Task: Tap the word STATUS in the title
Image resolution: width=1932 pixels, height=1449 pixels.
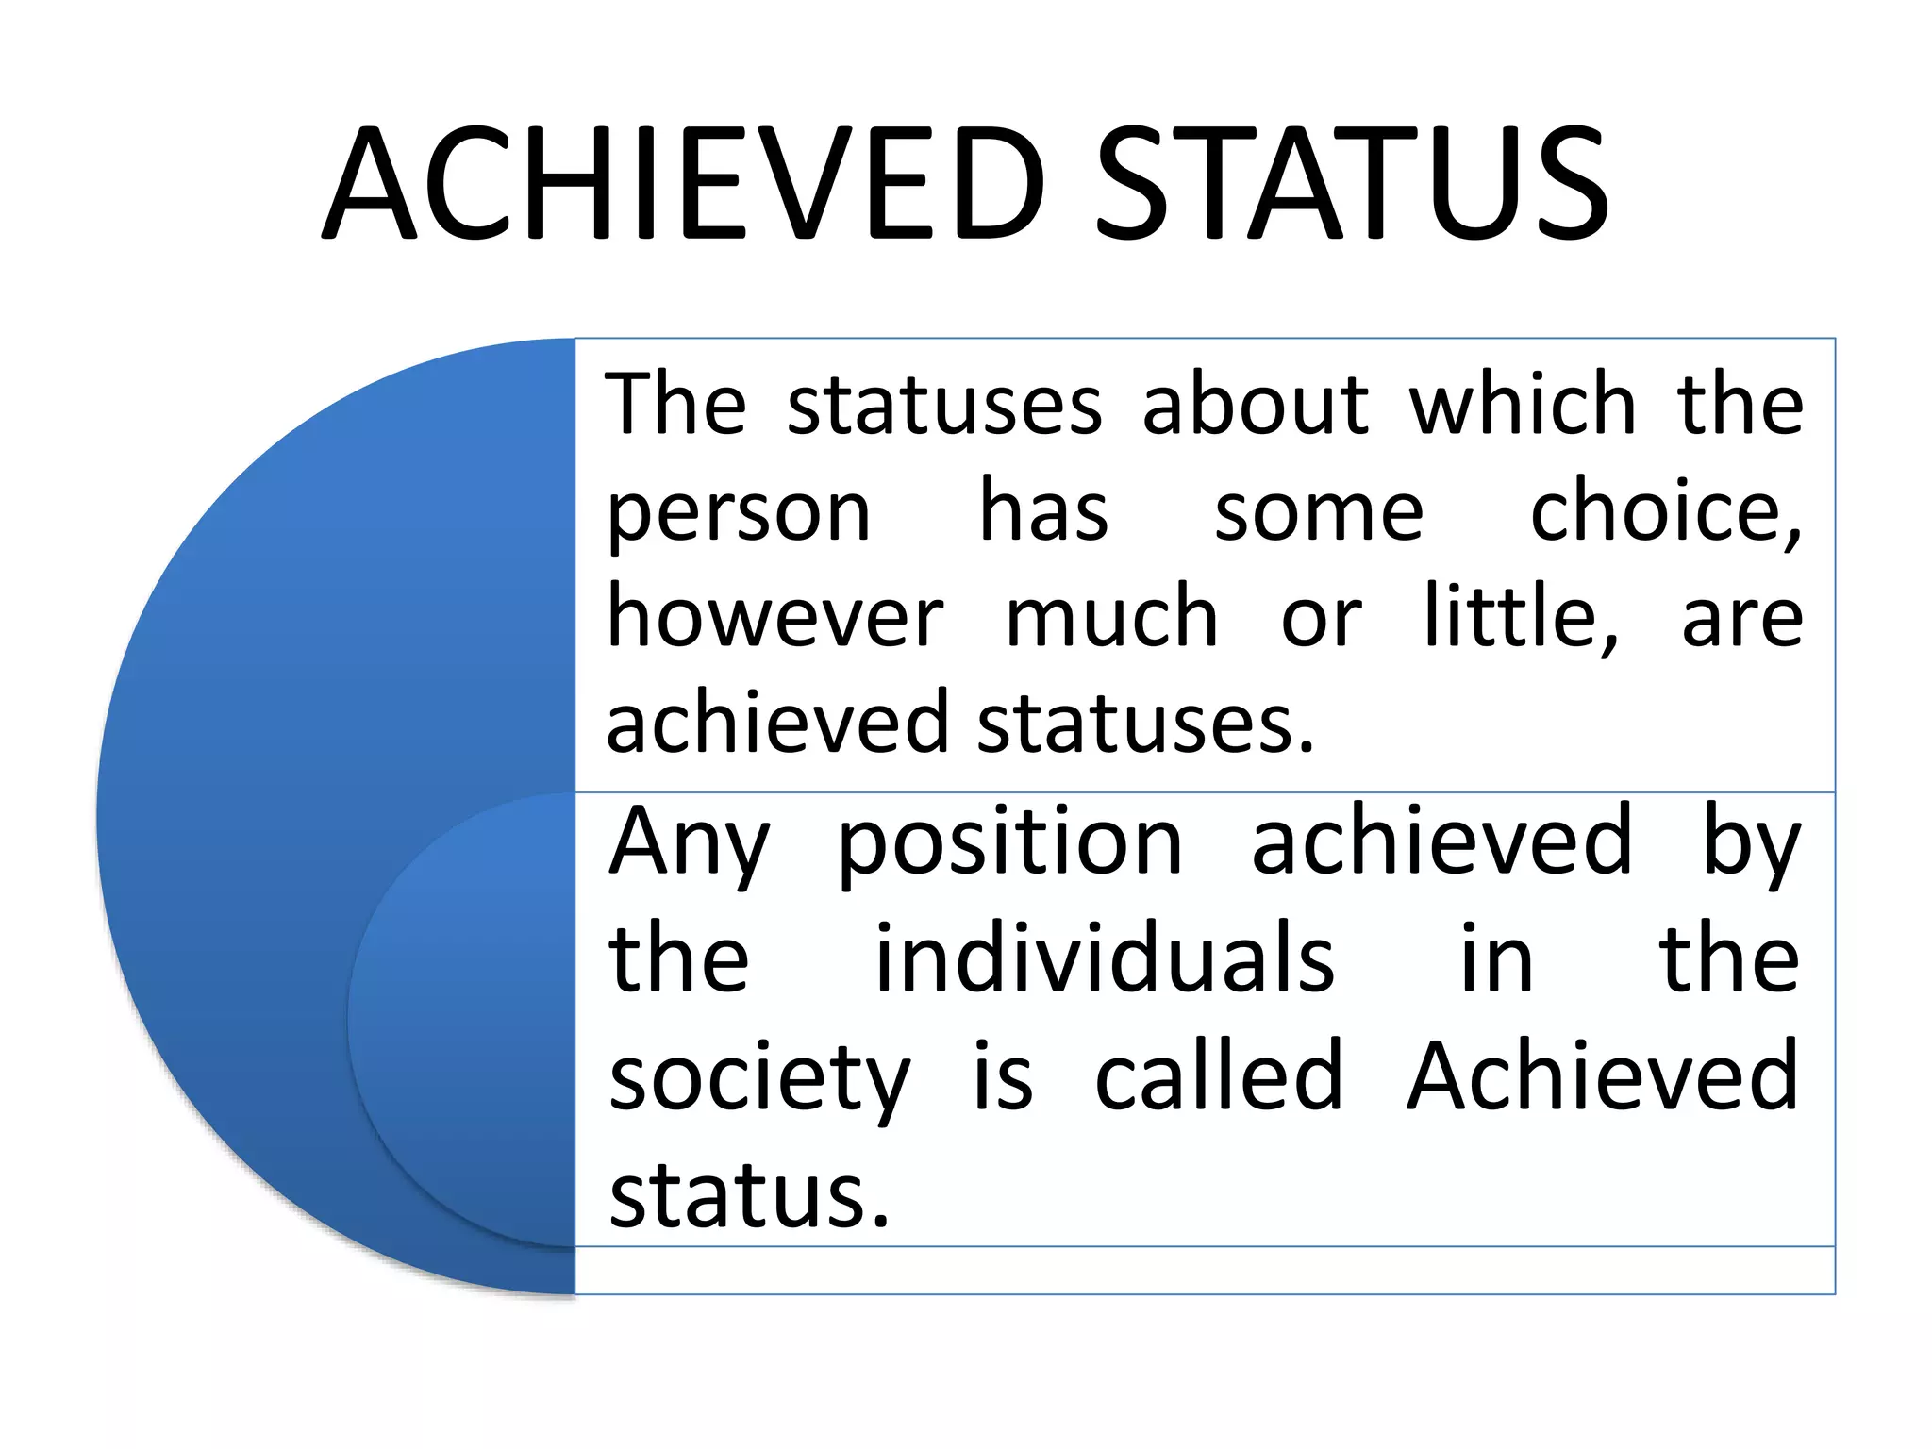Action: coord(1352,184)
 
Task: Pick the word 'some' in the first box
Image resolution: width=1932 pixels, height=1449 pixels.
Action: coord(1318,512)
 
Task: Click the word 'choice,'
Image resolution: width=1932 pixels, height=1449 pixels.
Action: coord(1665,512)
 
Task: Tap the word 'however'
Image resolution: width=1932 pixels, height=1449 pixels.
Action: coord(774,618)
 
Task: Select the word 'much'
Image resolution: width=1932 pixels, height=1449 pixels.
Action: coord(1111,618)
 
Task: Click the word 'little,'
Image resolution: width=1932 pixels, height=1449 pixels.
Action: coord(1521,618)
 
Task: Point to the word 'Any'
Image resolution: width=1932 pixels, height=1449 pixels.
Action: coord(690,842)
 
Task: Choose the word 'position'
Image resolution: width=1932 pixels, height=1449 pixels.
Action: coord(1009,842)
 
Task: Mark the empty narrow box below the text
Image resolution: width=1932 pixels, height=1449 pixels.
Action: coord(1204,1270)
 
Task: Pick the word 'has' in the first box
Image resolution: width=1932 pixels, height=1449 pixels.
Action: coord(1043,512)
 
